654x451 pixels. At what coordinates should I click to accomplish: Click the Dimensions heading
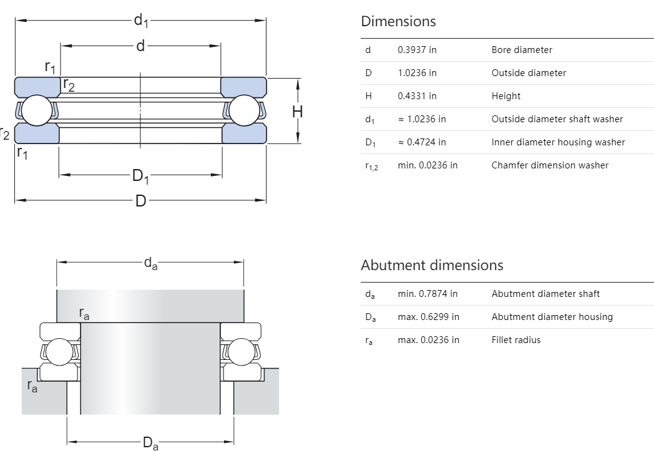pos(398,21)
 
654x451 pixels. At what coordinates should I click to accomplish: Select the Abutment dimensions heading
pos(432,265)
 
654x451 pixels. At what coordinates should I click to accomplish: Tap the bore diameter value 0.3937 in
pos(417,50)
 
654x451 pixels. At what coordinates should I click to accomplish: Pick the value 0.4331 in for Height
pos(417,96)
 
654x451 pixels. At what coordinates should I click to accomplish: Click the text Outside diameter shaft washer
pos(557,119)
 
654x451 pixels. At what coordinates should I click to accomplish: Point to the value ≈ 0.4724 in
pos(422,142)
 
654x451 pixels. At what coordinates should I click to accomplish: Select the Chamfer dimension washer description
pos(550,165)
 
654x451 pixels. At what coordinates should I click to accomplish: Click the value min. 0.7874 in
pos(427,294)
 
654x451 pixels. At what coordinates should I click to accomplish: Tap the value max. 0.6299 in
pos(428,317)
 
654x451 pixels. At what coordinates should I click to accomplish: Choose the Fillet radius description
pos(516,340)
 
